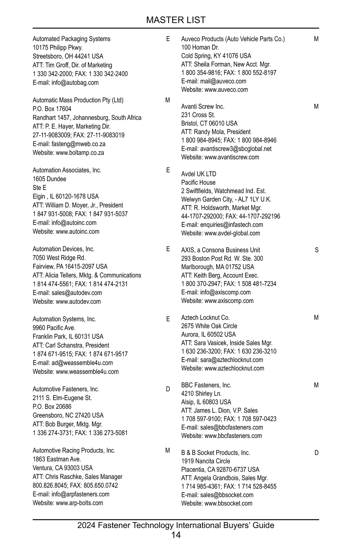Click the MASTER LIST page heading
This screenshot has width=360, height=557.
pyautogui.click(x=176, y=20)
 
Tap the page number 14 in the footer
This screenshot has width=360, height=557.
pyautogui.click(x=176, y=535)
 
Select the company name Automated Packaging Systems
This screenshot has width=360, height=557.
pyautogui.click(x=71, y=39)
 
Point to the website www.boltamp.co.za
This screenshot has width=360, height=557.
pyautogui.click(x=80, y=152)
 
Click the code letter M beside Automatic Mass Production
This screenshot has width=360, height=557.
pyautogui.click(x=168, y=100)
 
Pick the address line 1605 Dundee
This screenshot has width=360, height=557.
pyautogui.click(x=49, y=179)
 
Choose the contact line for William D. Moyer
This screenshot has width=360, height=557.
pyautogui.click(x=78, y=205)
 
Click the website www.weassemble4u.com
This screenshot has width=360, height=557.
pyautogui.click(x=87, y=372)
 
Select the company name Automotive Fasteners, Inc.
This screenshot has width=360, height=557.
pyautogui.click(x=66, y=389)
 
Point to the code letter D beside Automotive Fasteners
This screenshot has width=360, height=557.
pyautogui.click(x=168, y=389)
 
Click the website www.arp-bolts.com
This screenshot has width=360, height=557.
pyautogui.click(x=79, y=503)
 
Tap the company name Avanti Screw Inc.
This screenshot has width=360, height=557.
pyautogui.click(x=203, y=107)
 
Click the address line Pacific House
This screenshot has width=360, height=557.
pyautogui.click(x=198, y=182)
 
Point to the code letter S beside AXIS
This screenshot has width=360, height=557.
pyautogui.click(x=317, y=250)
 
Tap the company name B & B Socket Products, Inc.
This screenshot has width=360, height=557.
pyautogui.click(x=215, y=453)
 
